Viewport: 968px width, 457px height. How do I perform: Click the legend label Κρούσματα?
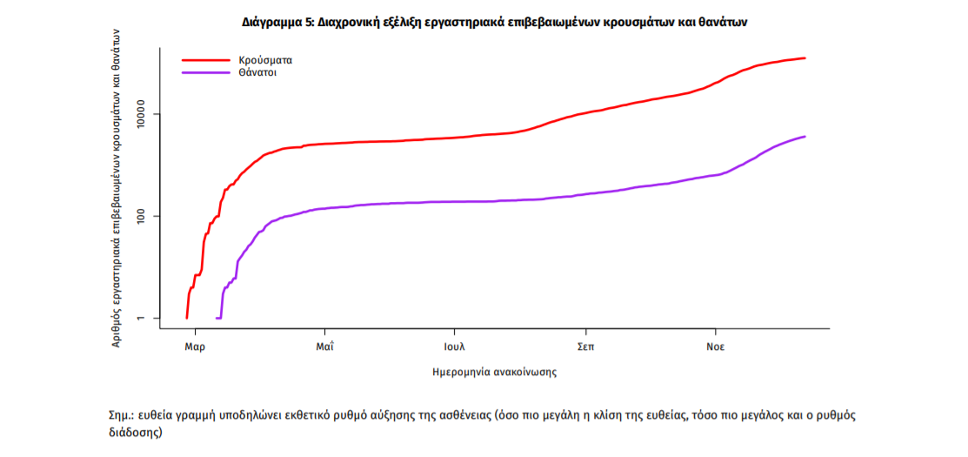[265, 60]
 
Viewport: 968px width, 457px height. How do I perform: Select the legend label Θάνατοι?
[258, 73]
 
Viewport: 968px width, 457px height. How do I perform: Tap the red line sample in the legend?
[206, 60]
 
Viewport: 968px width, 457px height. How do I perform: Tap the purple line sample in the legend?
[206, 73]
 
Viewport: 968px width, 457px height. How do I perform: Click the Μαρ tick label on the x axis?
[195, 346]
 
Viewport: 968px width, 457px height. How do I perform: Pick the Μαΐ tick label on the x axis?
[324, 346]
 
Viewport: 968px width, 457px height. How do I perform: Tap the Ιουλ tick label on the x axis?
[454, 346]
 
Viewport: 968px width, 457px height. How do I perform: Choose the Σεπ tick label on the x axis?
[585, 346]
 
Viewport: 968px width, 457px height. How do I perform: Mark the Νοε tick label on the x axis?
[716, 346]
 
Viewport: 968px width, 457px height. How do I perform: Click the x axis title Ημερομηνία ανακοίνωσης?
[494, 372]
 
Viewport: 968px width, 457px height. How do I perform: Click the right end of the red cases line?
[805, 58]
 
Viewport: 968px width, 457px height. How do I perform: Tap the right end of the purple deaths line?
[805, 137]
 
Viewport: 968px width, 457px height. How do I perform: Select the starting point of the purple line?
[216, 319]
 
